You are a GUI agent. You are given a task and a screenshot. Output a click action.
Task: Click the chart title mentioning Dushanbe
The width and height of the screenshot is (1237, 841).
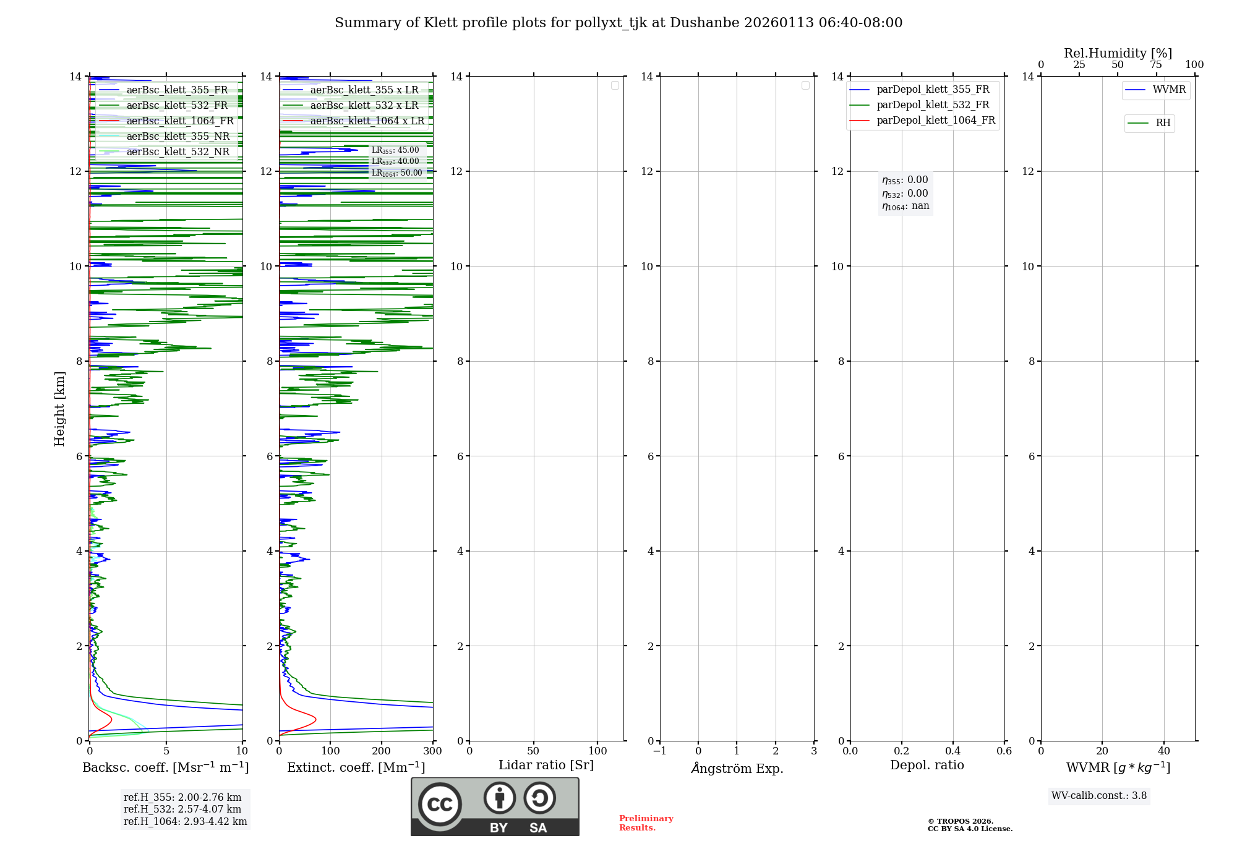pyautogui.click(x=618, y=23)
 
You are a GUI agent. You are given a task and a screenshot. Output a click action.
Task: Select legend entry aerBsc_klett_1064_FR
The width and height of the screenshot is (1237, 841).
pyautogui.click(x=179, y=121)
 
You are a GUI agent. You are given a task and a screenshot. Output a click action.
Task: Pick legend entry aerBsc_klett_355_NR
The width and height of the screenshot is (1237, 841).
pyautogui.click(x=178, y=137)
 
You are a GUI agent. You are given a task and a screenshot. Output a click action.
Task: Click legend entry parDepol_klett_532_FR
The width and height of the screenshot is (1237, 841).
pyautogui.click(x=933, y=105)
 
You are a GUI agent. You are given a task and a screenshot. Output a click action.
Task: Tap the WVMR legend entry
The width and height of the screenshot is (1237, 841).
pyautogui.click(x=1169, y=90)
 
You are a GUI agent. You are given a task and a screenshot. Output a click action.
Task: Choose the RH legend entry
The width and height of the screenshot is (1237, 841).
pyautogui.click(x=1163, y=123)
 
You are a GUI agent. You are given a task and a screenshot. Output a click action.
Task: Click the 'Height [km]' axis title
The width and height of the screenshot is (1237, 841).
pyautogui.click(x=59, y=408)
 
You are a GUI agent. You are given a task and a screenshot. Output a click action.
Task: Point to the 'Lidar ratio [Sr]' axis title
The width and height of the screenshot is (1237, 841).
pyautogui.click(x=546, y=765)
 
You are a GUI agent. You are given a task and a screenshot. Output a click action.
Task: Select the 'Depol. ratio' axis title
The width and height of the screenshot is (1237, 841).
pyautogui.click(x=927, y=765)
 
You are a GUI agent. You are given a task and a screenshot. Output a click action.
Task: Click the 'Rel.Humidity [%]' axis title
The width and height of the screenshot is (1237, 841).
pyautogui.click(x=1118, y=53)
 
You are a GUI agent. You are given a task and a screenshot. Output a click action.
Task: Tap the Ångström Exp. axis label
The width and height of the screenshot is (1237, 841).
pyautogui.click(x=737, y=768)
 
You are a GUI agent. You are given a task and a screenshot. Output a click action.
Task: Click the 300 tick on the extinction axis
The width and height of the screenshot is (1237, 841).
pyautogui.click(x=432, y=751)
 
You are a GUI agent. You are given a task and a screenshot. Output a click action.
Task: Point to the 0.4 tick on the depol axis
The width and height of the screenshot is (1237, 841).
pyautogui.click(x=952, y=751)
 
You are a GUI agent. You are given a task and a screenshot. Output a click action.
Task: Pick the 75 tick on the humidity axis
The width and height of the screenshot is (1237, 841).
pyautogui.click(x=1155, y=65)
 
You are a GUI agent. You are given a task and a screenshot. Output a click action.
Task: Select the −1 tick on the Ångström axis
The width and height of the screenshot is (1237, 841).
pyautogui.click(x=659, y=751)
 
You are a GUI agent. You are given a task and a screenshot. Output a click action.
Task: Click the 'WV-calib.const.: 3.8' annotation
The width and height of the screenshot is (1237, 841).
pyautogui.click(x=1099, y=796)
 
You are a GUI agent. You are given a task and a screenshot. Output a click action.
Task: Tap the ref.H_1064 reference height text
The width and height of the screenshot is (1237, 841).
pyautogui.click(x=185, y=822)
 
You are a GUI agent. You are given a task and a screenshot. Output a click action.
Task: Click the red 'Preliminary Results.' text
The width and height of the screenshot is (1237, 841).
pyautogui.click(x=646, y=823)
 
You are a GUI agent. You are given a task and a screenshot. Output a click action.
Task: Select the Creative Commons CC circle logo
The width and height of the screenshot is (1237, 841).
pyautogui.click(x=440, y=804)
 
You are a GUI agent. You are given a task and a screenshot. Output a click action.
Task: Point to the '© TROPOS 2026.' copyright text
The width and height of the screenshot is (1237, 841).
pyautogui.click(x=960, y=822)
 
